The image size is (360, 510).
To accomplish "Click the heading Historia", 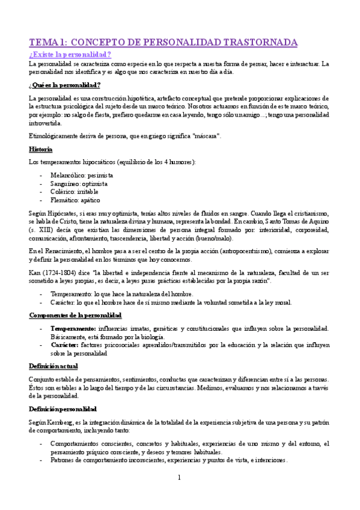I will (x=40, y=149).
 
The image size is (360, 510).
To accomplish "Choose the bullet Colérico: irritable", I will (x=75, y=192).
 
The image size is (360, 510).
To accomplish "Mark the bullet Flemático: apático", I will (x=76, y=200).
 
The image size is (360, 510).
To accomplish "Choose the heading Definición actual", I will (x=53, y=366).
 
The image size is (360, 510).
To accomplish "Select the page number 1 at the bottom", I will (x=179, y=478).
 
